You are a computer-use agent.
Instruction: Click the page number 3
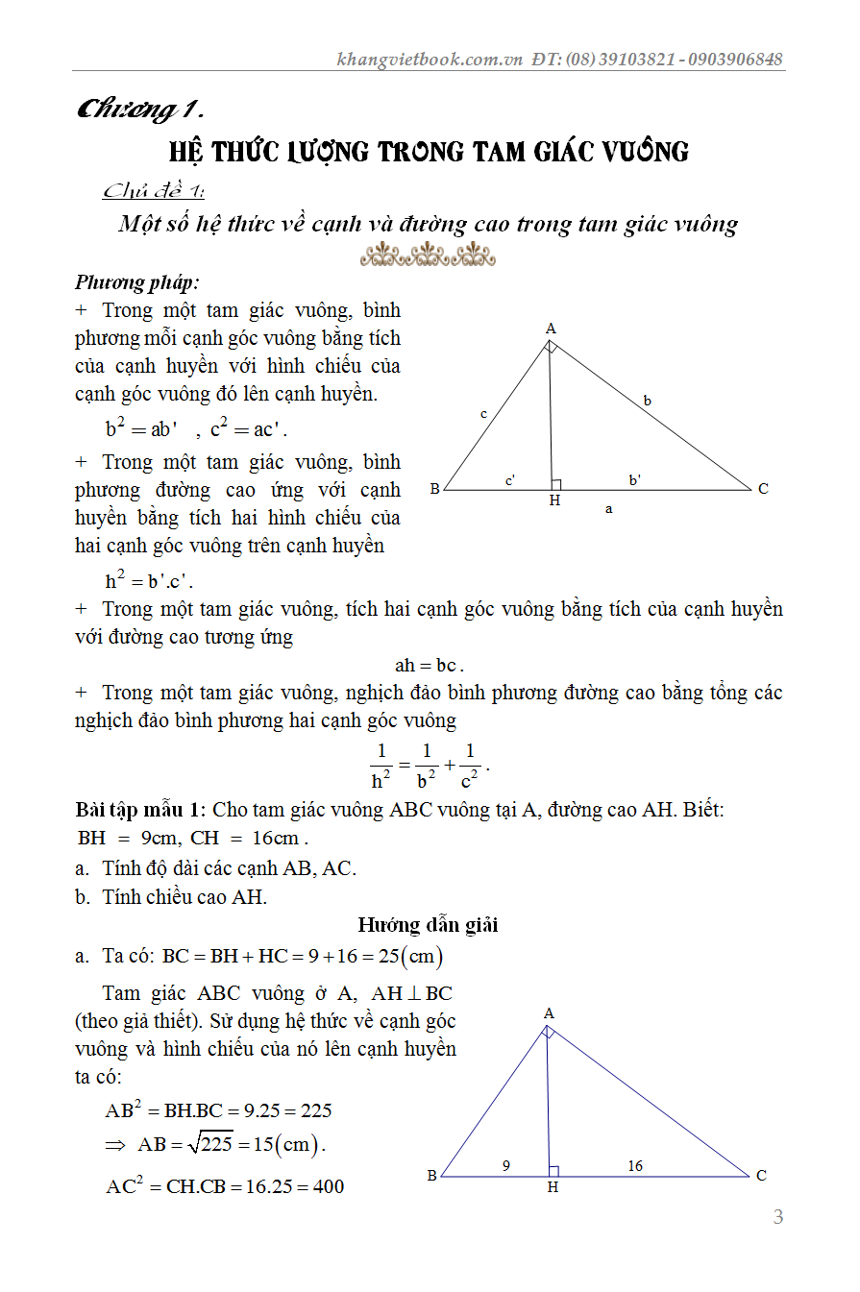[x=778, y=1217]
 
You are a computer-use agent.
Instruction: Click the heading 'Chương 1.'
[x=143, y=110]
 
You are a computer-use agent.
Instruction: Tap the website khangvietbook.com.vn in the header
[x=430, y=59]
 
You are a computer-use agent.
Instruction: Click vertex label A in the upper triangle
[x=551, y=329]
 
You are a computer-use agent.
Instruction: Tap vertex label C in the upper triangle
[x=763, y=489]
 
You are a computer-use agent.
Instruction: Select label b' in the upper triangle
[x=635, y=479]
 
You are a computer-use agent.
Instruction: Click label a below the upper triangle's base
[x=608, y=509]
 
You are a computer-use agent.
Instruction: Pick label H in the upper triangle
[x=554, y=500]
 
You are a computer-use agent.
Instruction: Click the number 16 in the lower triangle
[x=635, y=1166]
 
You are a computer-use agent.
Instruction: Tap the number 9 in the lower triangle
[x=506, y=1166]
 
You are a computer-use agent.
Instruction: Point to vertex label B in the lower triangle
[x=432, y=1176]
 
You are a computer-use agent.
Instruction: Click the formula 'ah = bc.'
[x=430, y=665]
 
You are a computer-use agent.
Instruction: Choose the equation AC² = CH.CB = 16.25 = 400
[x=225, y=1186]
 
